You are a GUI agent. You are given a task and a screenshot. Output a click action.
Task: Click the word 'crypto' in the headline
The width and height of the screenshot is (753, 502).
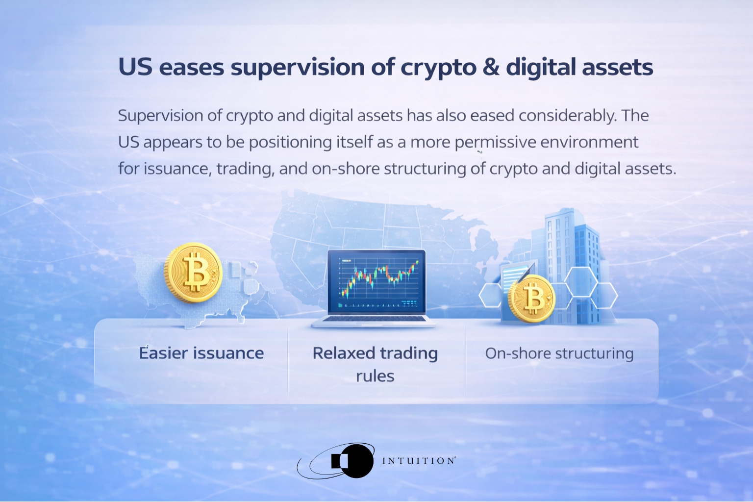438,67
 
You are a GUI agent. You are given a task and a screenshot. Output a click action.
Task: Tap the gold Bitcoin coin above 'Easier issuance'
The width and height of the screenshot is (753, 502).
193,273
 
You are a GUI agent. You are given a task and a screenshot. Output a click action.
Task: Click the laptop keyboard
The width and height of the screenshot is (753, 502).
374,319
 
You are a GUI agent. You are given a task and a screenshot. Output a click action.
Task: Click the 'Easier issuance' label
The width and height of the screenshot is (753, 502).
201,353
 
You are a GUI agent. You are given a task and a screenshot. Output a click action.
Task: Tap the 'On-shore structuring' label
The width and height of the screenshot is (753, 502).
559,353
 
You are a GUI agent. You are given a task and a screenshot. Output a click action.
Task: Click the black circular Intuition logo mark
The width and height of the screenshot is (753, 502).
356,461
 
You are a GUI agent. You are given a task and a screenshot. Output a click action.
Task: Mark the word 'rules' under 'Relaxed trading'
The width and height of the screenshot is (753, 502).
375,376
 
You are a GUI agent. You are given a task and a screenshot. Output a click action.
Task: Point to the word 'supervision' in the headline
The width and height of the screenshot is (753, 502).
298,67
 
